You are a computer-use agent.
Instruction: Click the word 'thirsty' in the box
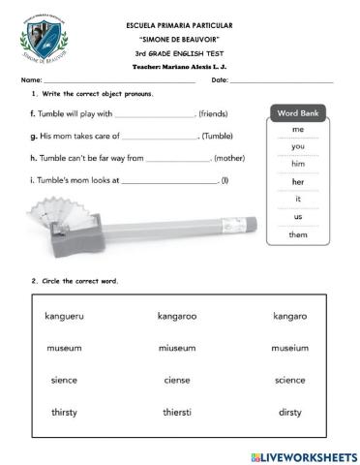[65, 412]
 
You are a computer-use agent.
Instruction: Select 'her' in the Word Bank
[298, 181]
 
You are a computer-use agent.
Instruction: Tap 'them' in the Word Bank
[298, 234]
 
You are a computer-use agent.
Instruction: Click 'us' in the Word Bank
[298, 217]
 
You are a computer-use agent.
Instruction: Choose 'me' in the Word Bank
[298, 129]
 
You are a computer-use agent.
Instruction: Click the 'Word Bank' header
[298, 113]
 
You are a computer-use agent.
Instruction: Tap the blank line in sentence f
[154, 115]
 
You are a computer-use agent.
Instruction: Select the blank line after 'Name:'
[116, 80]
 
